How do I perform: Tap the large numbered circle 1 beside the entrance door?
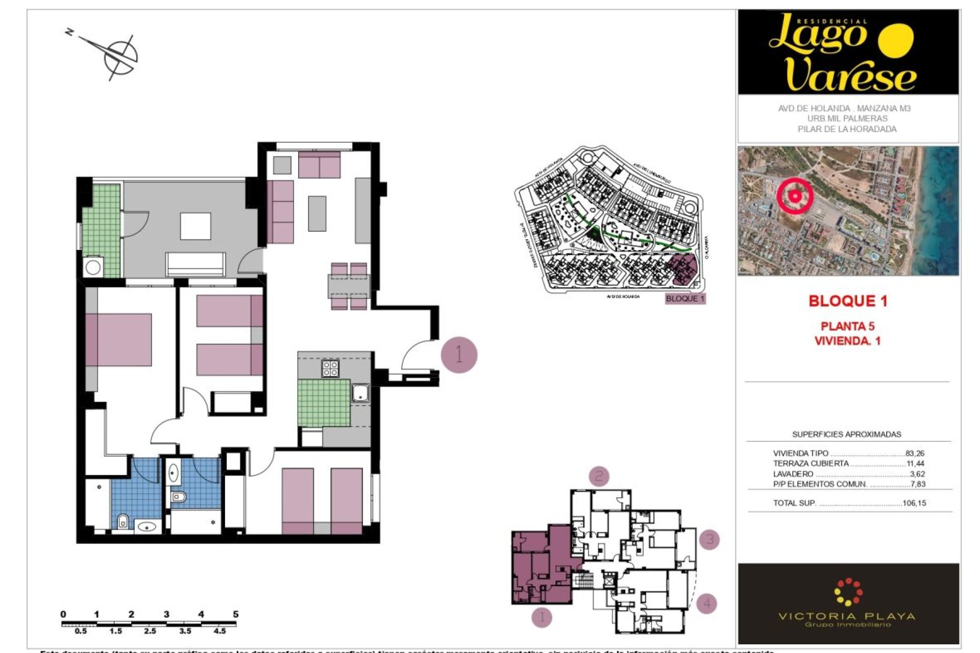point(459,355)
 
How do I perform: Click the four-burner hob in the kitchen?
point(330,368)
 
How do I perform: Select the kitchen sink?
point(360,393)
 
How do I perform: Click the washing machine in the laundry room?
point(93,267)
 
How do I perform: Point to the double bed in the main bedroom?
point(119,339)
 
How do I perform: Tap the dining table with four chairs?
point(349,286)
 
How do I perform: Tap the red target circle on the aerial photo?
point(795,196)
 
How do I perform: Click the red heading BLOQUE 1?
point(848,301)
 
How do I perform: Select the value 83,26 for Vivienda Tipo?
point(915,453)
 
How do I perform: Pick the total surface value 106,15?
point(914,503)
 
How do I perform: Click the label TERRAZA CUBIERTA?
point(811,463)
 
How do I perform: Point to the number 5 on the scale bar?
point(235,614)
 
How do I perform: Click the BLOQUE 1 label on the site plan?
point(685,298)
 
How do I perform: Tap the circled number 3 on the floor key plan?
point(709,539)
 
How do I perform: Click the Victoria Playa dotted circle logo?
point(848,592)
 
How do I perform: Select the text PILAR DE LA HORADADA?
point(847,129)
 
